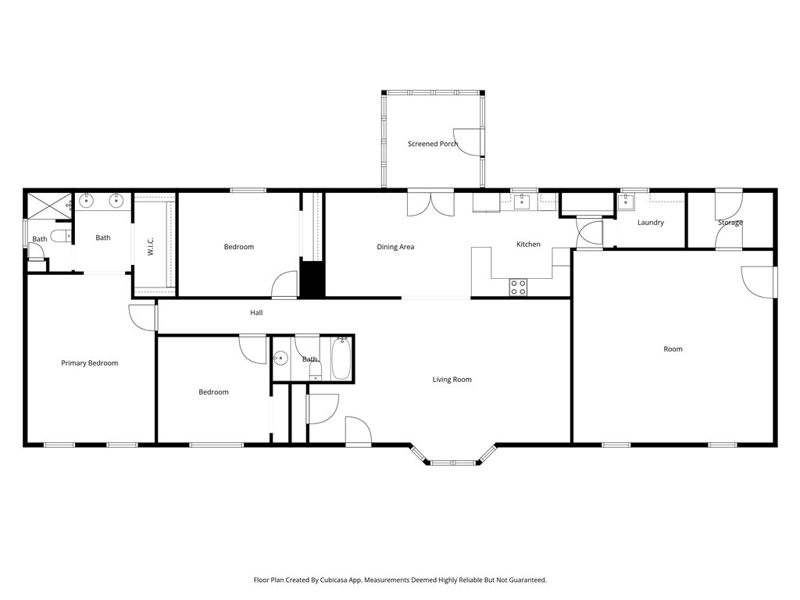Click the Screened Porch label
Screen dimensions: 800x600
click(x=433, y=144)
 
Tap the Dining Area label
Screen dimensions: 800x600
click(x=395, y=247)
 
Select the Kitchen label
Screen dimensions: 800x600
click(x=528, y=245)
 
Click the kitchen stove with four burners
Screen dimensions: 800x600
click(x=519, y=287)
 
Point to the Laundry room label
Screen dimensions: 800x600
click(x=651, y=223)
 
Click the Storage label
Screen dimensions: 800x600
click(x=730, y=223)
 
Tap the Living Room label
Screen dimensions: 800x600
click(x=452, y=380)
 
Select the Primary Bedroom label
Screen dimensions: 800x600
click(x=89, y=363)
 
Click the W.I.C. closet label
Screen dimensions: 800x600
click(x=151, y=246)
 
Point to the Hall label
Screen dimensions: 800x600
click(x=256, y=312)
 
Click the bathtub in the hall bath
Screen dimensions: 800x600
click(x=341, y=359)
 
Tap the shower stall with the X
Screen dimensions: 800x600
click(x=49, y=205)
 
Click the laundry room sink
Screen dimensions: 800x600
click(x=626, y=202)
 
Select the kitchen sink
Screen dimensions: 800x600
click(x=521, y=202)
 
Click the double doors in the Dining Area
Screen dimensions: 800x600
click(x=430, y=203)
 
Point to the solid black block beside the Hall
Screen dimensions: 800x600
click(x=312, y=279)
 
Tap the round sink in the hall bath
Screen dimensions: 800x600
click(x=280, y=359)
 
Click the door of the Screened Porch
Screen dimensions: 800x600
click(x=468, y=142)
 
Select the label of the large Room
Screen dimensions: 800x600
click(x=673, y=349)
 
